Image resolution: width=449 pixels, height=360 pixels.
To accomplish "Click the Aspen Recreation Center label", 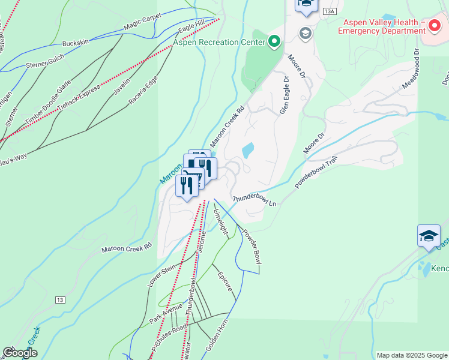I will click(x=220, y=42).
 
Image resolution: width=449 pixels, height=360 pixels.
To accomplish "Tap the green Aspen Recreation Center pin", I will click(x=274, y=41).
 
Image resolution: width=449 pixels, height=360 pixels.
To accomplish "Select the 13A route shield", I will click(x=328, y=11).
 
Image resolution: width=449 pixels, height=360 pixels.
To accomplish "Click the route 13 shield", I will click(x=60, y=299).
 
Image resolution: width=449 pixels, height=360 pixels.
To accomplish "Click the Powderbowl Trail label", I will click(x=317, y=172).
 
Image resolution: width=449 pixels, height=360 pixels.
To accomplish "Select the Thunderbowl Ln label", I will click(x=254, y=200).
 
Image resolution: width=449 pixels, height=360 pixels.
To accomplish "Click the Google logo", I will click(x=20, y=353).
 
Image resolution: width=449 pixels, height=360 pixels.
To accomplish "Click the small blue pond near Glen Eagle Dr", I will click(x=247, y=149).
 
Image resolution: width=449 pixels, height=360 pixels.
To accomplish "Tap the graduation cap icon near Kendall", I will click(x=429, y=236).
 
